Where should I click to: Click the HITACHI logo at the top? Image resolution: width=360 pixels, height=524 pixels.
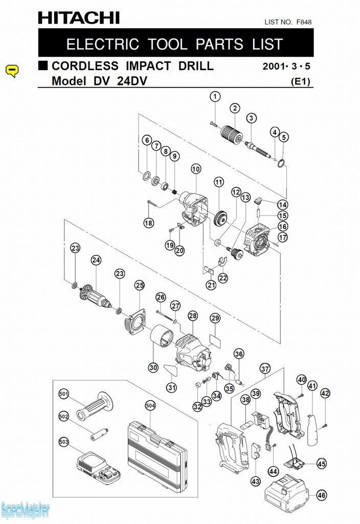point(79,18)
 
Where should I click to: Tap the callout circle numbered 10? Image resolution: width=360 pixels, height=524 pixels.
point(196,169)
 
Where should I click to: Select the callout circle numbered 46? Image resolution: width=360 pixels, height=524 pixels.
point(322,495)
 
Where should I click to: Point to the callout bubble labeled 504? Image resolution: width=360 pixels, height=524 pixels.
point(150,406)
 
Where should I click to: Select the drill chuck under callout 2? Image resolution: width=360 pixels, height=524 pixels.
point(232,134)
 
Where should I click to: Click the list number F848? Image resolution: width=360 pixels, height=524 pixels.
point(304,22)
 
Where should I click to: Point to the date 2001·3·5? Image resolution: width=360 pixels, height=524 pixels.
point(286,66)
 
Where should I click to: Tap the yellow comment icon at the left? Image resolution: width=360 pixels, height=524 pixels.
point(12,71)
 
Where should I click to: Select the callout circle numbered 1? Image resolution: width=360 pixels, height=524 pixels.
point(215,97)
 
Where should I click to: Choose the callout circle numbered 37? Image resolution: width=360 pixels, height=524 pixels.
point(265,369)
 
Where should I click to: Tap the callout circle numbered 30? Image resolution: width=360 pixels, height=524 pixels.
point(153,367)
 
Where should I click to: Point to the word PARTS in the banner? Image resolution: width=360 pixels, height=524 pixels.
point(219,44)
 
